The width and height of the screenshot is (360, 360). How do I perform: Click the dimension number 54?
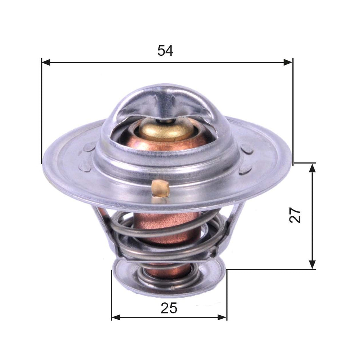coord(166,50)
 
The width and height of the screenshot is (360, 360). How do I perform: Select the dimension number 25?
coord(169,308)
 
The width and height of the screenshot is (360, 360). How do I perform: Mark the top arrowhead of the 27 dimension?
coord(312,168)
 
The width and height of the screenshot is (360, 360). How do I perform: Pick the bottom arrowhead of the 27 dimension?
coord(312,265)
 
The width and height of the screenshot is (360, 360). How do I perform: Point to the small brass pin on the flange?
coord(159,188)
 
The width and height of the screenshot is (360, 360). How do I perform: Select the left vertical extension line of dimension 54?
coord(41,114)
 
